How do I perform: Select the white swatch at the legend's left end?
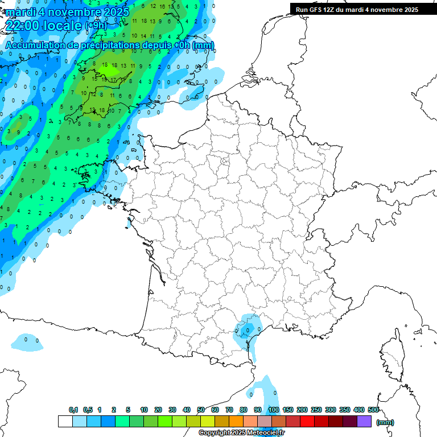tap(65, 422)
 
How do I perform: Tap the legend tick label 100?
tap(274, 410)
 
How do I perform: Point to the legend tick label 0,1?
tap(73, 410)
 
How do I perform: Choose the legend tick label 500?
tap(373, 410)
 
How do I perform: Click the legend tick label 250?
tap(316, 410)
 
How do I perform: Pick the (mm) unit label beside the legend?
tap(385, 422)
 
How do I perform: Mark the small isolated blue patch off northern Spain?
tap(26, 342)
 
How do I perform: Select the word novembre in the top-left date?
tap(69, 11)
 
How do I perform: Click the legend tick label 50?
tap(201, 410)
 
